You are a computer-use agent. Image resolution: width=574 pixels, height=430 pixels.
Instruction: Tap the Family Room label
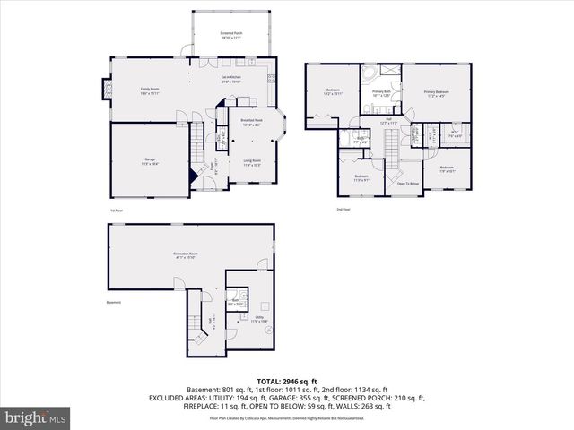(149, 90)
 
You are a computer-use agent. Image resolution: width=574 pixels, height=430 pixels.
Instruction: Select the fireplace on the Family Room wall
(106, 90)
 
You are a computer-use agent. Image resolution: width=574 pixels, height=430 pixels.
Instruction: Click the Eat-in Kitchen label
(231, 80)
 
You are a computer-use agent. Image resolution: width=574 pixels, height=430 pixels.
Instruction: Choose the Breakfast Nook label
(251, 122)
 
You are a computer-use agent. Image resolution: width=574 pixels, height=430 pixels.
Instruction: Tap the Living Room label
(251, 163)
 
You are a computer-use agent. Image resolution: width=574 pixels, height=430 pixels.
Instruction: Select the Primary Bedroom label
(436, 93)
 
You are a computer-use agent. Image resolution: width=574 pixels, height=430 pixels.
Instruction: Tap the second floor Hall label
(388, 120)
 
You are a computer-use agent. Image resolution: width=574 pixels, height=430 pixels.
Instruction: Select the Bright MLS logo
(34, 417)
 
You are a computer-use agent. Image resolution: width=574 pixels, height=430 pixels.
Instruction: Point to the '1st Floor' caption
(116, 211)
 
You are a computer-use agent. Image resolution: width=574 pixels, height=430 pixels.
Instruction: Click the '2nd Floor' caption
(343, 210)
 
